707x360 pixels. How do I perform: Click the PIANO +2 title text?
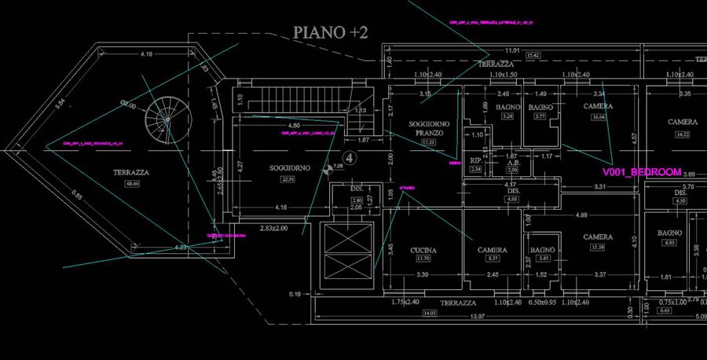331,32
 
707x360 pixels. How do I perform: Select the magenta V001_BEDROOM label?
642,172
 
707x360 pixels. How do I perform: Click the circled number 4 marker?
351,158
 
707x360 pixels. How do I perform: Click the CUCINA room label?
423,250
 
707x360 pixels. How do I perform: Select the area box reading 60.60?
131,184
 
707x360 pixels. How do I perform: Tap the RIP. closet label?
475,160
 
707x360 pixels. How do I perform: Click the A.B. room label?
512,162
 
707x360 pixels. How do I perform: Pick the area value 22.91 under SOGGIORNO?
288,180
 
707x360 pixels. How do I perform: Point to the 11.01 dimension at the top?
511,50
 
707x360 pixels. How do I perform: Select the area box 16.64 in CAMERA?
598,117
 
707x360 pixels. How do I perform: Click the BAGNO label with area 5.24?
507,107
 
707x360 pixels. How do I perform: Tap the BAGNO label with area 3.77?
540,107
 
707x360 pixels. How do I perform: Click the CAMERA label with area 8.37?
493,250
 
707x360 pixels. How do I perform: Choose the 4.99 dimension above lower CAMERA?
582,215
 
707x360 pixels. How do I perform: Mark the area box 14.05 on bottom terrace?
430,313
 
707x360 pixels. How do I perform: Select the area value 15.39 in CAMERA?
598,247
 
